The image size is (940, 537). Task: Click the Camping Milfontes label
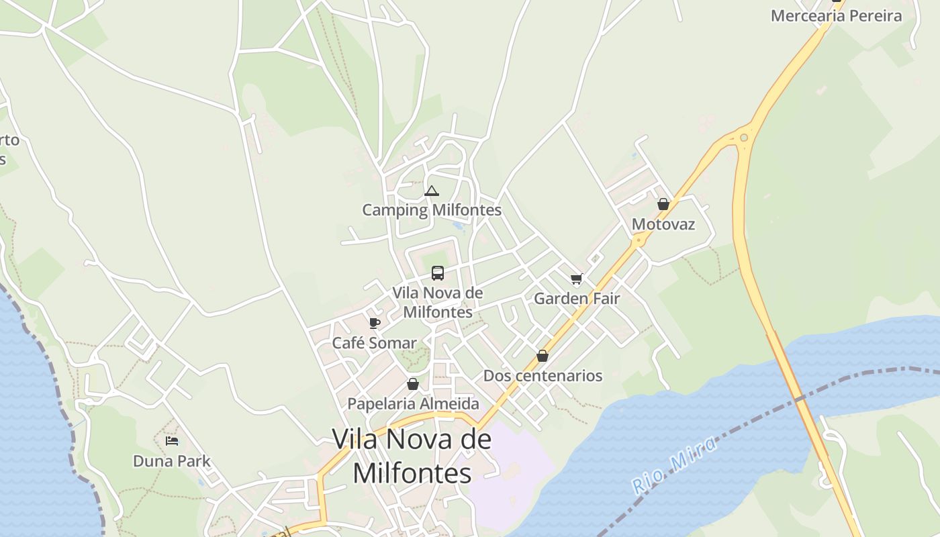click(432, 210)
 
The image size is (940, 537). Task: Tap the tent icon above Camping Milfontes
click(432, 191)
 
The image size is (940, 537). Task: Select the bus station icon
click(438, 273)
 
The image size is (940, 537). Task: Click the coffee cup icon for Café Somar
click(375, 324)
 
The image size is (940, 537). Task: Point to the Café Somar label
click(375, 343)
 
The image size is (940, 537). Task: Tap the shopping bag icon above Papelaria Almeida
click(413, 384)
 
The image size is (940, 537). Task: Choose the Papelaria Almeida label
click(413, 403)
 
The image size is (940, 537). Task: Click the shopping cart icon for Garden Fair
click(576, 279)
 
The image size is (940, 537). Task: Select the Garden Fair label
click(576, 299)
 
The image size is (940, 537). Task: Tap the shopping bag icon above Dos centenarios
click(543, 356)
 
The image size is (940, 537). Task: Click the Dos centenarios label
click(543, 375)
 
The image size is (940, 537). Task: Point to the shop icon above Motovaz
click(663, 204)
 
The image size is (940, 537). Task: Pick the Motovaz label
click(663, 224)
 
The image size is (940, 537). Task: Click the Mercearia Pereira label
click(836, 16)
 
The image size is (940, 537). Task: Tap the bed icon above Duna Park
click(172, 441)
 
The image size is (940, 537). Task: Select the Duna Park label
click(172, 461)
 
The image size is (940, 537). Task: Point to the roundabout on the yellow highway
click(743, 138)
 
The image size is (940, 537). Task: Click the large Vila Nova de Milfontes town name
click(412, 456)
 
